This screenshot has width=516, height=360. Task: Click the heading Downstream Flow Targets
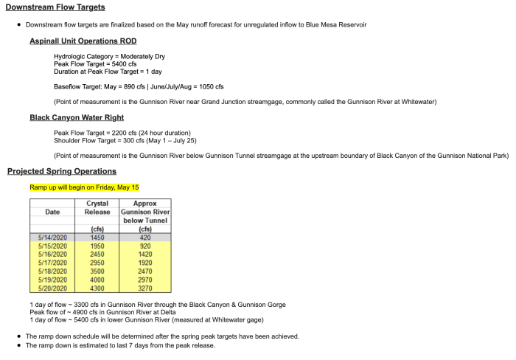(x=55, y=7)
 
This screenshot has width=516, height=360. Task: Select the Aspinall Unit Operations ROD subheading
(x=83, y=41)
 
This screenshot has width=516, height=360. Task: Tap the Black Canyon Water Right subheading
(x=77, y=117)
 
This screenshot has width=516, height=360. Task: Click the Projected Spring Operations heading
(x=62, y=171)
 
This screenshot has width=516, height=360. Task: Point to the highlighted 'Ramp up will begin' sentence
(x=84, y=187)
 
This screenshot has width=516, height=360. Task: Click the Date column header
(x=52, y=212)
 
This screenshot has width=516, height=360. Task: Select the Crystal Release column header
(x=97, y=207)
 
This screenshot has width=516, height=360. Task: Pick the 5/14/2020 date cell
(x=52, y=238)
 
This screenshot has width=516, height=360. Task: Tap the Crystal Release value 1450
(x=97, y=238)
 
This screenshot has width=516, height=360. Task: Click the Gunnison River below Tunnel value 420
(x=144, y=238)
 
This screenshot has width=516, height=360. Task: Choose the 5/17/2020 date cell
(x=52, y=262)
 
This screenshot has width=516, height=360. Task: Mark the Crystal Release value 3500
(x=97, y=270)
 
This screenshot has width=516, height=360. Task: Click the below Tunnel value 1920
(x=144, y=262)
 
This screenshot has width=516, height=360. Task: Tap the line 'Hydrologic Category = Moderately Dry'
(x=106, y=56)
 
